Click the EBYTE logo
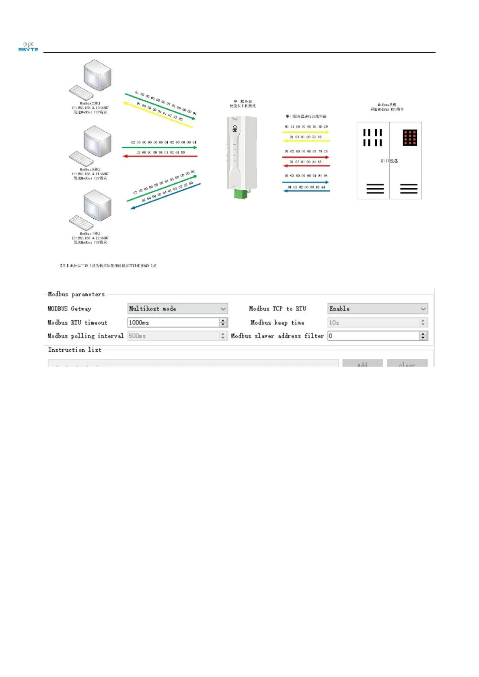coord(28,47)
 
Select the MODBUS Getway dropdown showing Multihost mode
coord(177,309)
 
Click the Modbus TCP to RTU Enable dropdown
coord(377,309)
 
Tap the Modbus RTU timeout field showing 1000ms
coord(173,322)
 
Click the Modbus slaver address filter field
coord(373,336)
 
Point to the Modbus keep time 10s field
coord(373,322)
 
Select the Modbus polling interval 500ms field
coord(173,336)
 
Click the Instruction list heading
coord(75,350)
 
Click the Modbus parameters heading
coord(76,294)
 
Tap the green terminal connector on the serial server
coord(241,194)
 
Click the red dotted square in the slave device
coord(410,137)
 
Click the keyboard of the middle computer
coord(81,159)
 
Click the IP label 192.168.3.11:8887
coord(90,174)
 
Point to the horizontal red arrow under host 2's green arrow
coord(160,156)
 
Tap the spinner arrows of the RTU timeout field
coord(223,322)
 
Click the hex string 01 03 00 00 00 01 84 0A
coord(306,176)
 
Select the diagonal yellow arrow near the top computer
coord(158,115)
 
